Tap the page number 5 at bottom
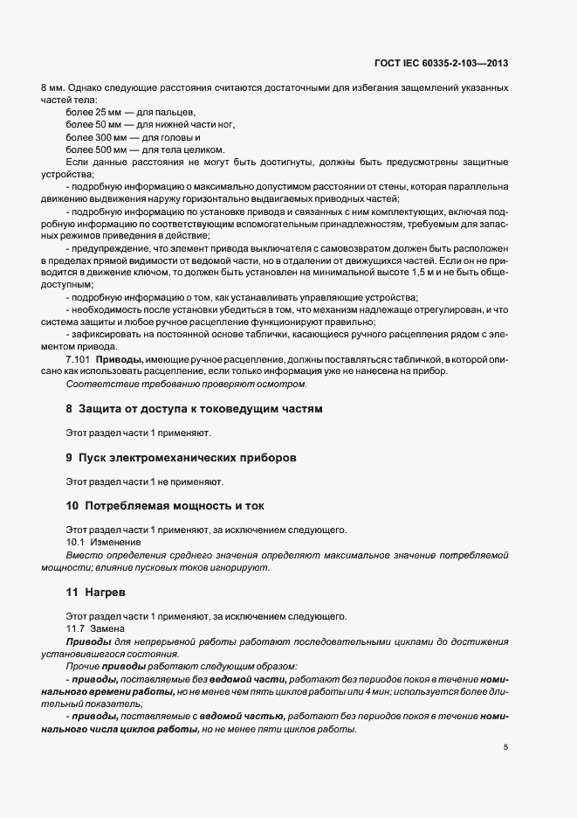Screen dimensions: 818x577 coord(506,746)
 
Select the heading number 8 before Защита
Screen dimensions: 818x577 coord(69,409)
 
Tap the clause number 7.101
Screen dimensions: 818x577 coord(79,360)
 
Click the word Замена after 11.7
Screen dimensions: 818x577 coord(109,629)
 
